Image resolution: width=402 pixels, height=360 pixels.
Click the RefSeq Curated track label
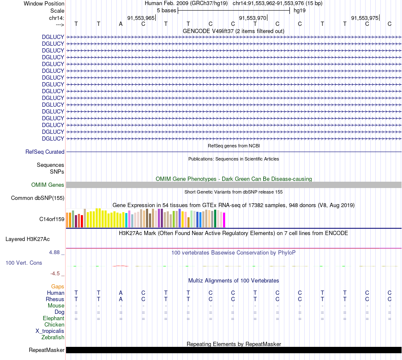point(45,152)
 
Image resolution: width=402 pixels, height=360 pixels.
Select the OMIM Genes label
point(48,185)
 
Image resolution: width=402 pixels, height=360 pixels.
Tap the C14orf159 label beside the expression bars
point(52,219)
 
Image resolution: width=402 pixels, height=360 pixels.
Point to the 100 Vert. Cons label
point(24,263)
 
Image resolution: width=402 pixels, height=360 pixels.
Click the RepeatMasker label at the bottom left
point(47,350)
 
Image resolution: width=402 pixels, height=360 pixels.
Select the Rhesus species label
point(55,299)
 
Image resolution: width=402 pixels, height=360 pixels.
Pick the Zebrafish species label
point(53,338)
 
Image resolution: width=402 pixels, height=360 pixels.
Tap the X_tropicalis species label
point(50,331)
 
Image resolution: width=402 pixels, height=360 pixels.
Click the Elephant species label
point(53,318)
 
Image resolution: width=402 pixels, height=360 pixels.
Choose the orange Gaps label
point(58,286)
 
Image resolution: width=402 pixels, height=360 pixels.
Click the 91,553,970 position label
point(253,18)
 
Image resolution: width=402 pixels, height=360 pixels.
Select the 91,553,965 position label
point(141,18)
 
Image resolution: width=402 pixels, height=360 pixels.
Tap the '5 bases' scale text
point(166,10)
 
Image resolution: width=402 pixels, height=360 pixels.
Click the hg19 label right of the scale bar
point(300,10)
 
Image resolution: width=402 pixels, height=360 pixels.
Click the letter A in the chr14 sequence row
point(121,24)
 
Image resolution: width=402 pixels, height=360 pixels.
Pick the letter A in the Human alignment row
point(121,293)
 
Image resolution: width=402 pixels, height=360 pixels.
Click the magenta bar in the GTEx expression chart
point(224,220)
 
